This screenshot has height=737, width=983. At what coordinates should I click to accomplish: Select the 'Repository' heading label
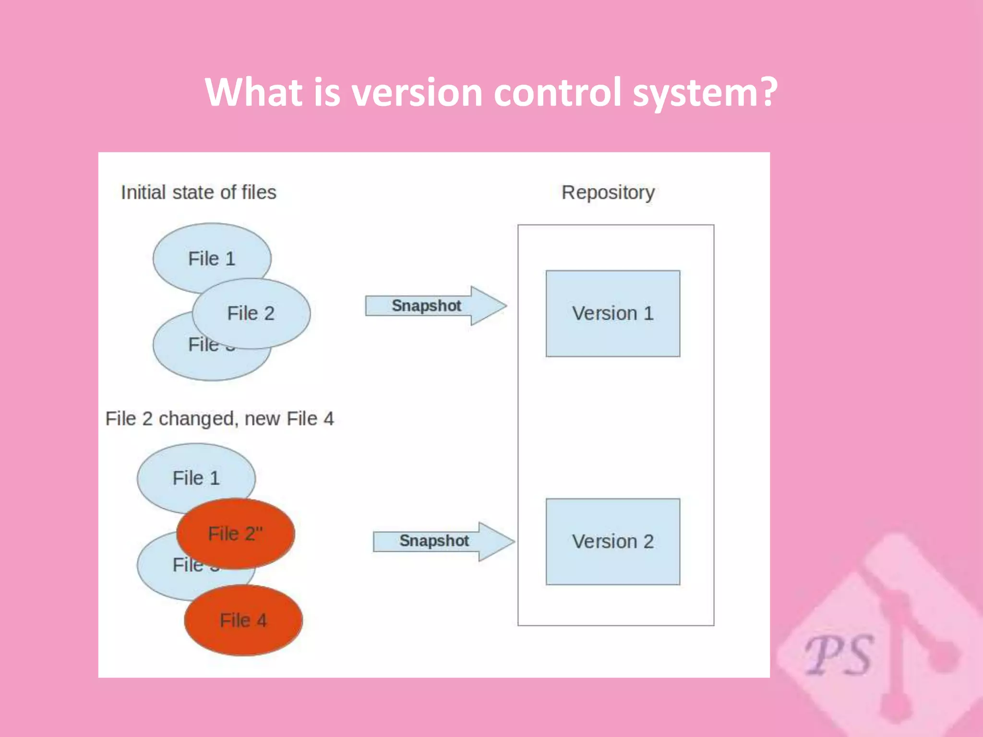[608, 193]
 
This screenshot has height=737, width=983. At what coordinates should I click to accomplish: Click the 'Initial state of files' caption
[198, 193]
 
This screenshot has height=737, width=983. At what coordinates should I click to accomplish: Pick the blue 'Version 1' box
[612, 313]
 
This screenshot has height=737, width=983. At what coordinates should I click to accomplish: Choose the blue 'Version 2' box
[612, 541]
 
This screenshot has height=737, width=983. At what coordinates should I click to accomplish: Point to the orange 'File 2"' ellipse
[235, 534]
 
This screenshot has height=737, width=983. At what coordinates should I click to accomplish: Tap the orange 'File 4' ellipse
[243, 620]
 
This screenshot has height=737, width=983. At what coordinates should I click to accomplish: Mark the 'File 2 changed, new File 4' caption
[219, 419]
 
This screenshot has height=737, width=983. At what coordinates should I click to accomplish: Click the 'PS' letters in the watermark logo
[839, 655]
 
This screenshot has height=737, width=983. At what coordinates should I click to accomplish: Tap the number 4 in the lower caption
[329, 419]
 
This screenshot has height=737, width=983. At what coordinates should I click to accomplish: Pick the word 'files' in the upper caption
[259, 193]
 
